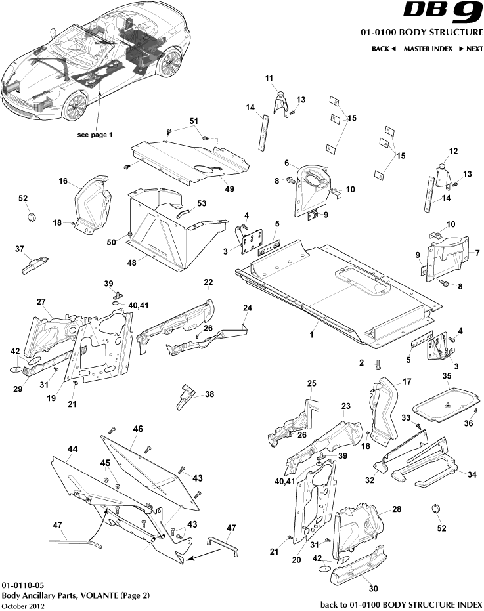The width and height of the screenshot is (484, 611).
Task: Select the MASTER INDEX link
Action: (x=428, y=49)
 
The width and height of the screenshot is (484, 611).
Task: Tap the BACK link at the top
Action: (x=384, y=49)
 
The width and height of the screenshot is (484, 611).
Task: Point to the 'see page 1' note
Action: (x=95, y=134)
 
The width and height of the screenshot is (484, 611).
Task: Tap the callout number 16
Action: (x=63, y=181)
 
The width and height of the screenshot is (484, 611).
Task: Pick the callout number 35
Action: (x=447, y=376)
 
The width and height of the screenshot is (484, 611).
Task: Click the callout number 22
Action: (x=208, y=282)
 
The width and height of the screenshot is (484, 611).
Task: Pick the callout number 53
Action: (x=202, y=203)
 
